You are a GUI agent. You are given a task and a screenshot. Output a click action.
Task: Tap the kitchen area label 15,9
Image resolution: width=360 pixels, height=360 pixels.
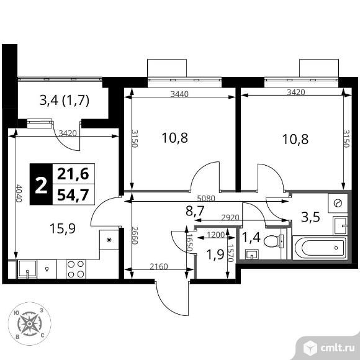coord(63,228)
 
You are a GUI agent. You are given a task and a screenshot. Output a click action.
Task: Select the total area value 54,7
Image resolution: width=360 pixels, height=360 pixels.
coord(73,195)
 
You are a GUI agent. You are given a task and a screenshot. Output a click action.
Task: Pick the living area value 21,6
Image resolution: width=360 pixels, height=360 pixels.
coord(73,174)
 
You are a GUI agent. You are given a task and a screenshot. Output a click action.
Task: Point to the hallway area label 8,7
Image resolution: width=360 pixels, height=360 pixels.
coord(195,211)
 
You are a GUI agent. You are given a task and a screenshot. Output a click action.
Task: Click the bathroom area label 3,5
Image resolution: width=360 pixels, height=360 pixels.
coord(310,217)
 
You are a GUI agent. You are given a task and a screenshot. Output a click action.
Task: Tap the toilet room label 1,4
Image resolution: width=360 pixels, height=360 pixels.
coord(251,237)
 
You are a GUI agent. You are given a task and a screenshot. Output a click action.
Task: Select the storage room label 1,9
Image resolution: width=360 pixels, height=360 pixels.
coord(215,254)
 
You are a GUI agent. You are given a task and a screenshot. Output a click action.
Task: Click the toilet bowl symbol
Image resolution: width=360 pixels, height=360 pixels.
coord(274,241)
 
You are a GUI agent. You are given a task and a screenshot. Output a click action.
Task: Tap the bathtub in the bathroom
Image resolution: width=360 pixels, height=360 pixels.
coord(320,248)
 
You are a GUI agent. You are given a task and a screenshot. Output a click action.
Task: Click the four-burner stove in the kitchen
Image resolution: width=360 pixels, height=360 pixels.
coord(76,269)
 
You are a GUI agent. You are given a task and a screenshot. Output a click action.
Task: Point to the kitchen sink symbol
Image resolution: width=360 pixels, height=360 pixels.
coord(27,269)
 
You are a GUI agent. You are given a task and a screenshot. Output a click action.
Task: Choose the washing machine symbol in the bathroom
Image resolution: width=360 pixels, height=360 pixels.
coord(338,203)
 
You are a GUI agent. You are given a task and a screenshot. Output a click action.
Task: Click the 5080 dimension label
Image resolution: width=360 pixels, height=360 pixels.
coord(206,199)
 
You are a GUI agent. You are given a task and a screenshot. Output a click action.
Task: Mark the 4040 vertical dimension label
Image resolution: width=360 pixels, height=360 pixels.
coord(19,193)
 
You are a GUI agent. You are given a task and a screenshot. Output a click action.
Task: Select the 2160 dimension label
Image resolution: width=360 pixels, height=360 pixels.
coord(159,266)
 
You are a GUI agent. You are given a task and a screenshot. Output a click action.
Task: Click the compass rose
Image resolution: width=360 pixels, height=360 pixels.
coord(30,324)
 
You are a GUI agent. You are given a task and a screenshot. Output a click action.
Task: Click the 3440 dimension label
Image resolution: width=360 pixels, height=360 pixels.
coord(179,94)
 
